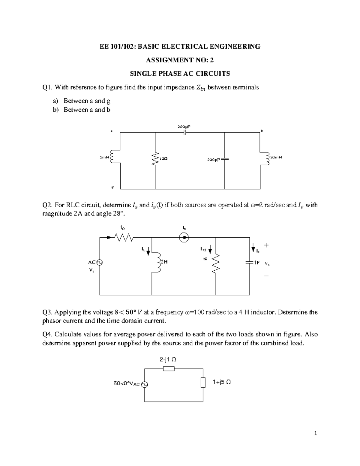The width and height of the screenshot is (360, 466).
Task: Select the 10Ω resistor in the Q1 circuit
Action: pyautogui.click(x=155, y=158)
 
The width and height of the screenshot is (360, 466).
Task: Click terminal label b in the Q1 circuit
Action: pyautogui.click(x=262, y=131)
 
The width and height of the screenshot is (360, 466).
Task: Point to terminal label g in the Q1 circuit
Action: pyautogui.click(x=112, y=187)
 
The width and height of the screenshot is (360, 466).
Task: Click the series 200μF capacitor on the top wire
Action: pyautogui.click(x=185, y=133)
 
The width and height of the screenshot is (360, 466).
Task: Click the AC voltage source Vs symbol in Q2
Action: pyautogui.click(x=100, y=262)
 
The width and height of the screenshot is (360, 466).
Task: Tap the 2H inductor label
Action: pyautogui.click(x=164, y=262)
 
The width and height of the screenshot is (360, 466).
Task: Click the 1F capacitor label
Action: pyautogui.click(x=256, y=263)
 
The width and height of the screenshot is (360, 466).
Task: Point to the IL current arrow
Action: pyautogui.click(x=148, y=252)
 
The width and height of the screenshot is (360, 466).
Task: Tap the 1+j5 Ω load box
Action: pyautogui.click(x=203, y=383)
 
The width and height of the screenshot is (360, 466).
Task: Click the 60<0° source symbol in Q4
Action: pyautogui.click(x=145, y=384)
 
